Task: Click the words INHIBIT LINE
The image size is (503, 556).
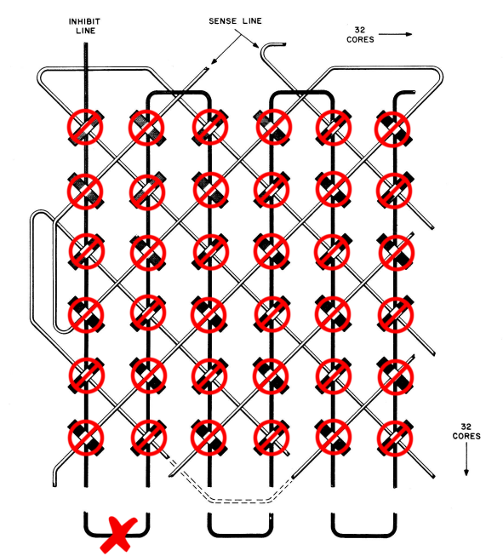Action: pyautogui.click(x=84, y=26)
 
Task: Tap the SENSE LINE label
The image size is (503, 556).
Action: pyautogui.click(x=236, y=21)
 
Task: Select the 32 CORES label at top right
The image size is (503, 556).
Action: pyautogui.click(x=360, y=35)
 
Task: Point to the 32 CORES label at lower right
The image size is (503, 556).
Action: pyautogui.click(x=466, y=431)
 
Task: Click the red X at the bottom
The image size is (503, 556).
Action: pyautogui.click(x=118, y=535)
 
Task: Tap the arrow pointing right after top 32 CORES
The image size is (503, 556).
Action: pyautogui.click(x=395, y=34)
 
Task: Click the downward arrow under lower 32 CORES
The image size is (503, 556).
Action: pyautogui.click(x=466, y=459)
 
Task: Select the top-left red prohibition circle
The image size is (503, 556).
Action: pyautogui.click(x=85, y=127)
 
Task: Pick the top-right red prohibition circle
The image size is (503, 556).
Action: pyautogui.click(x=392, y=129)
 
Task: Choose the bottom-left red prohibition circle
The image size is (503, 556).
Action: pyautogui.click(x=86, y=438)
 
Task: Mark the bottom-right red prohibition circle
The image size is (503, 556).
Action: pyautogui.click(x=395, y=438)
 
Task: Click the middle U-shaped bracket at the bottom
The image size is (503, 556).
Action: pyautogui.click(x=240, y=535)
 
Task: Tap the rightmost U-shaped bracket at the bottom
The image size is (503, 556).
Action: pyautogui.click(x=364, y=534)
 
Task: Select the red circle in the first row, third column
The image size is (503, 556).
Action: pyautogui.click(x=210, y=127)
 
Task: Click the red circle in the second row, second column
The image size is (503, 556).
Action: pyautogui.click(x=147, y=192)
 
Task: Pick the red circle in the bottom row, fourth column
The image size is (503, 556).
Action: pyautogui.click(x=272, y=438)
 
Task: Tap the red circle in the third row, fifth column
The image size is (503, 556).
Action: pyautogui.click(x=332, y=252)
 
